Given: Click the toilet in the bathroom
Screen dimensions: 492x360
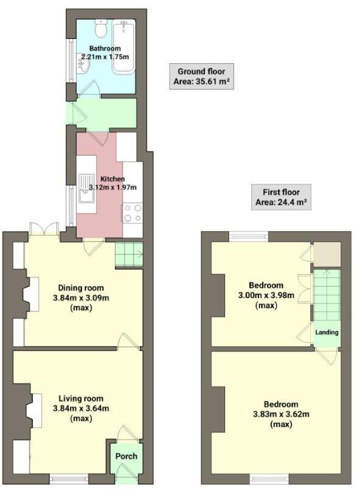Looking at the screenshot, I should [101, 28].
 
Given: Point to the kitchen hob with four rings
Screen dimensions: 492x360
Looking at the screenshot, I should [132, 213].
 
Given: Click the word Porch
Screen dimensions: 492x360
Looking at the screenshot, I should [126, 456].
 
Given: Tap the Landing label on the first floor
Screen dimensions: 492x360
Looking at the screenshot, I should [327, 332].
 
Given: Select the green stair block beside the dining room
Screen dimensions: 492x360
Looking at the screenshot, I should [128, 254].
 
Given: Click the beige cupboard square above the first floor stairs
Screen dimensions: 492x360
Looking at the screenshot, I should [323, 254].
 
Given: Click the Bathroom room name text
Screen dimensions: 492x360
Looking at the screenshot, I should [105, 48].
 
